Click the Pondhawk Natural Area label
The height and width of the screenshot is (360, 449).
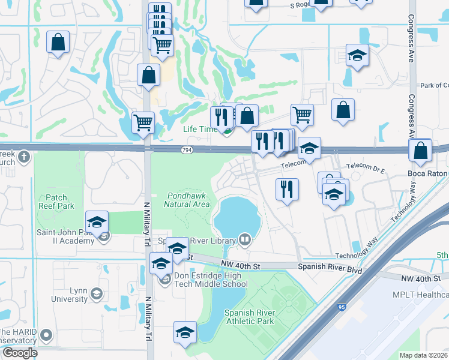pyautogui.click(x=187, y=199)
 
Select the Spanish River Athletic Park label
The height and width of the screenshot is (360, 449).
pyautogui.click(x=249, y=317)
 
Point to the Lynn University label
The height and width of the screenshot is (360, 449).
pyautogui.click(x=70, y=295)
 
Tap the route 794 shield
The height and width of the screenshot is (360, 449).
pyautogui.click(x=187, y=149)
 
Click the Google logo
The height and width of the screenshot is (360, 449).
pyautogui.click(x=19, y=353)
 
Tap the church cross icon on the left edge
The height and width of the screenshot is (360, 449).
pyautogui.click(x=23, y=157)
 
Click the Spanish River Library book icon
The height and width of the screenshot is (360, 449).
pyautogui.click(x=244, y=240)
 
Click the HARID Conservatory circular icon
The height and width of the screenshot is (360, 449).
pyautogui.click(x=47, y=334)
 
